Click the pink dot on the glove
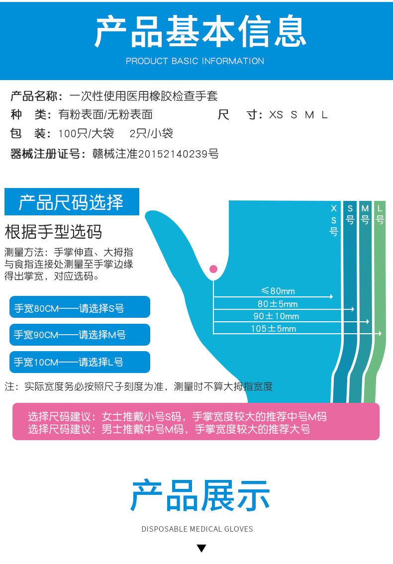pyautogui.click(x=213, y=269)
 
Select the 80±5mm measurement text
pyautogui.click(x=278, y=304)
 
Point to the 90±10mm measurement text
pyautogui.click(x=276, y=316)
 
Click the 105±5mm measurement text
pyautogui.click(x=273, y=329)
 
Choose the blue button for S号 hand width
pyautogui.click(x=80, y=307)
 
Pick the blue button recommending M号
pyautogui.click(x=80, y=335)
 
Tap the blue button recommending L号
pyautogui.click(x=80, y=362)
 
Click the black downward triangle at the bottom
pyautogui.click(x=201, y=549)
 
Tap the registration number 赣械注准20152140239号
pyautogui.click(x=155, y=154)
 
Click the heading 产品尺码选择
pyautogui.click(x=71, y=202)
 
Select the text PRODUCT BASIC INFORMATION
pyautogui.click(x=195, y=61)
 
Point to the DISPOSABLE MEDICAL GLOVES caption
pyautogui.click(x=197, y=529)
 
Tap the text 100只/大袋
pyautogui.click(x=86, y=134)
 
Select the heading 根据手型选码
pyautogui.click(x=53, y=232)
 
